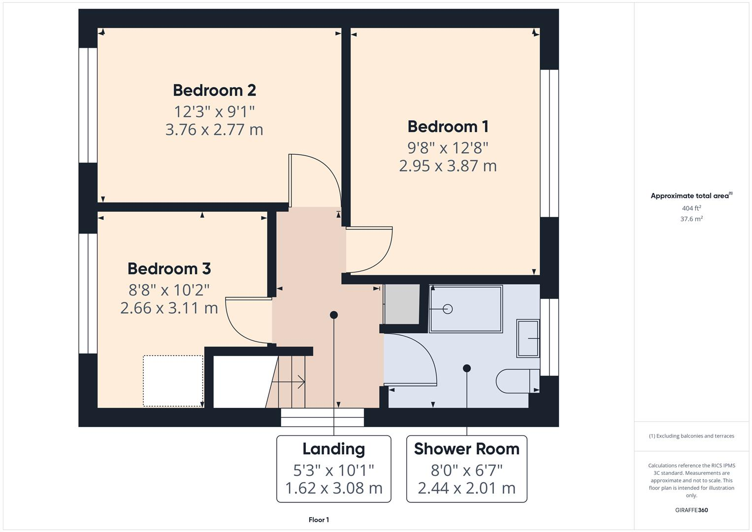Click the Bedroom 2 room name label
pos(214,91)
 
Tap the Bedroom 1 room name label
pos(448,127)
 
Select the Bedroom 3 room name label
pos(169,269)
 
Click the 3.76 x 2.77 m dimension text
pos(214,130)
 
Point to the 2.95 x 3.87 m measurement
pos(448,166)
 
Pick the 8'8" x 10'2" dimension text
pos(169,289)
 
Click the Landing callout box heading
pos(333,449)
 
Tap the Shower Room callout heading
pos(466,449)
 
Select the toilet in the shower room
pos(517,381)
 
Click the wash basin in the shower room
pos(528,338)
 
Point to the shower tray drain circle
pos(448,309)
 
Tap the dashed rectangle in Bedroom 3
pos(173,381)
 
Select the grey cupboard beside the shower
pos(402,304)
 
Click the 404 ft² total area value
pos(691,208)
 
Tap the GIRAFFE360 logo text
pos(691,510)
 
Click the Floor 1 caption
pos(319,520)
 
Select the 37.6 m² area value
pos(691,219)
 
